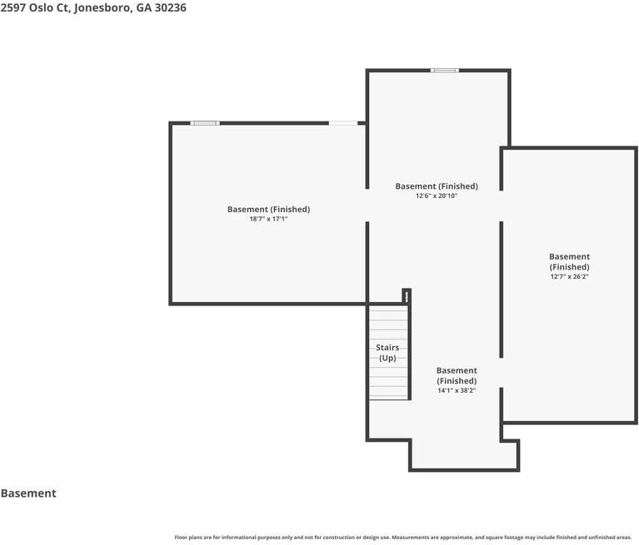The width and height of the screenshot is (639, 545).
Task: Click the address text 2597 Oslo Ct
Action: (36, 8)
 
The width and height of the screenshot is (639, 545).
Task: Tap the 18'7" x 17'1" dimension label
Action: (268, 219)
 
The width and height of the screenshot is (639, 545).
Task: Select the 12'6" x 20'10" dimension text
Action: (437, 196)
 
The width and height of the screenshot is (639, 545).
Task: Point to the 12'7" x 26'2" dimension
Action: (569, 277)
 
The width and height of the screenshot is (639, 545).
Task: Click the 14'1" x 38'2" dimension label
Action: (457, 391)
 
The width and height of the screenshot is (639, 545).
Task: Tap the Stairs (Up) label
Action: (387, 353)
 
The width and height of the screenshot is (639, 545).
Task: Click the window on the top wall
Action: (445, 71)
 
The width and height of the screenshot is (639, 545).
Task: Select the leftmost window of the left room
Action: (205, 123)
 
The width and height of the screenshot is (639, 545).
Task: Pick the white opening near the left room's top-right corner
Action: (343, 123)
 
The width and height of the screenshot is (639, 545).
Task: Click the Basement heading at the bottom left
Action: (28, 493)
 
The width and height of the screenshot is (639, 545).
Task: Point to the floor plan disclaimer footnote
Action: (402, 538)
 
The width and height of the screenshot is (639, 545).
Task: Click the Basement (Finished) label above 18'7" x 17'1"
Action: (268, 209)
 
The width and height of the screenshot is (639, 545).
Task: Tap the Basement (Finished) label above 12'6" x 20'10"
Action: (437, 186)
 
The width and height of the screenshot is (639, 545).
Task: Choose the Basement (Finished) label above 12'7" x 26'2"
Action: (569, 262)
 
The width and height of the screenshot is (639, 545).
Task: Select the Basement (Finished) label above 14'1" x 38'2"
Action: (457, 376)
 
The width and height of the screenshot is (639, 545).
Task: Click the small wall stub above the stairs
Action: (407, 296)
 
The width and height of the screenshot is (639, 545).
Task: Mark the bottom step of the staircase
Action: (388, 397)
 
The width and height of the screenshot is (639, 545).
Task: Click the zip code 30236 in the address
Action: (170, 8)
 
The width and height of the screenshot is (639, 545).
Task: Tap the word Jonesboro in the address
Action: (102, 8)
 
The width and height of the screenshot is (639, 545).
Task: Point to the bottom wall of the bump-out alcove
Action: (464, 470)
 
